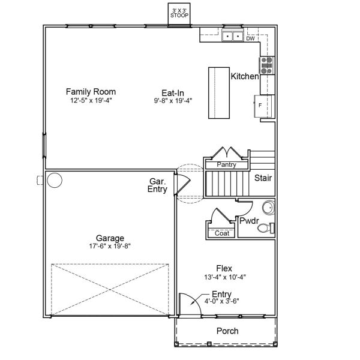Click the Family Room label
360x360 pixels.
point(91,92)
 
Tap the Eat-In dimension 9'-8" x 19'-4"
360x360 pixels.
point(172,101)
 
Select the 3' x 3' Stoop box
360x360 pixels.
point(179,13)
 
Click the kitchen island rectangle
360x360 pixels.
point(219,94)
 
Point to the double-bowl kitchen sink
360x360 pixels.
point(232,37)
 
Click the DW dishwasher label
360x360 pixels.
point(250,38)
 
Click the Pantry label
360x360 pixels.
point(226,164)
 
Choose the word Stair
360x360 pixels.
point(263,178)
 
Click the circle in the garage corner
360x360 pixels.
point(55,179)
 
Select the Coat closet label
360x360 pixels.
point(221,233)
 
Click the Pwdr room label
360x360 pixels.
point(248,221)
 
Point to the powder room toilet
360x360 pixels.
point(269,227)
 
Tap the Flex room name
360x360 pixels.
point(224,268)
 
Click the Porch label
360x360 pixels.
point(227,331)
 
